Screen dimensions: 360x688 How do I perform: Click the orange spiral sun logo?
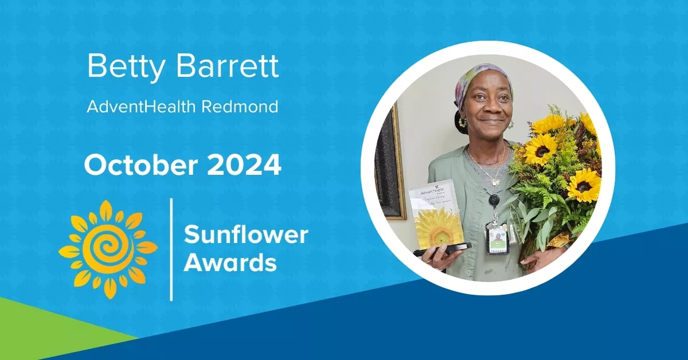click(x=107, y=250)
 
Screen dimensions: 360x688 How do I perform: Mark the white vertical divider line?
click(x=171, y=249)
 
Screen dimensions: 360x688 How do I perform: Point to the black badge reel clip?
click(x=493, y=201)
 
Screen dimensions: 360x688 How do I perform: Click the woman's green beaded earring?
click(x=462, y=122)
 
